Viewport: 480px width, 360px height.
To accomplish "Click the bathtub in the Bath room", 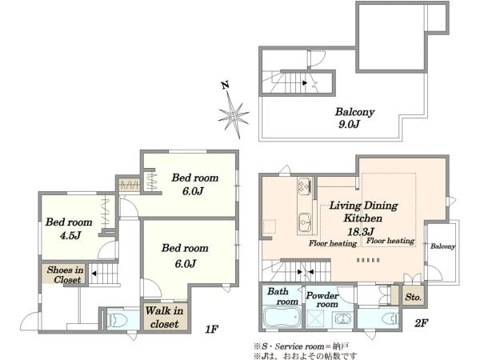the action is pos(282,318).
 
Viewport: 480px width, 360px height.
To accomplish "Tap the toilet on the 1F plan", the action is pos(118,320).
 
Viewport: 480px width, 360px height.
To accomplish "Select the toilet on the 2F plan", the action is pos(389,318).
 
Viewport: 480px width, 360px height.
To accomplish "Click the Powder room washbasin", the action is pos(342,319).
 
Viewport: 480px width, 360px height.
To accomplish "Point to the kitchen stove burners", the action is pos(305,186).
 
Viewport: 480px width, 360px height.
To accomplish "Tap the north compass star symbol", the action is pos(234,115).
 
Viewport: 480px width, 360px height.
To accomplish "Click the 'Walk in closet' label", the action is pos(164,317).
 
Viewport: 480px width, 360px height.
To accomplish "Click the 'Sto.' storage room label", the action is pos(414,297).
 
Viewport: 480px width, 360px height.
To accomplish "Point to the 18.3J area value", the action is pos(361,231).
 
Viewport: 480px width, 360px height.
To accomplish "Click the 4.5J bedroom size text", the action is pos(70,235).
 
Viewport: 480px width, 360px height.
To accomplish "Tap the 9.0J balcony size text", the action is pos(349,124).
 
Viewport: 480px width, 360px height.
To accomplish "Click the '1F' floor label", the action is pos(211,330).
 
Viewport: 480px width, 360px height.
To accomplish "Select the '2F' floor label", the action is pos(421,323).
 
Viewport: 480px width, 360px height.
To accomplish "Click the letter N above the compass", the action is pos(226,86).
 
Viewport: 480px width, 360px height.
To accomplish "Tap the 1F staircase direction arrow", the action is pos(94,274).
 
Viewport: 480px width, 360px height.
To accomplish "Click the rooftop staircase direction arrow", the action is pos(305,82).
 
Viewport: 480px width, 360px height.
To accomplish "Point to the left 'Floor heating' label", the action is pos(333,244).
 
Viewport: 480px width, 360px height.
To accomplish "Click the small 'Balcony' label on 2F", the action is pos(442,246).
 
